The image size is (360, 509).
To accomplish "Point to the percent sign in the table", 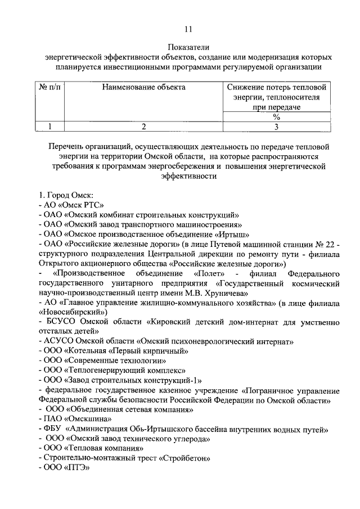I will point(276,117).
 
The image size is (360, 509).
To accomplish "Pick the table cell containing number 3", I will point(276,127).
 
